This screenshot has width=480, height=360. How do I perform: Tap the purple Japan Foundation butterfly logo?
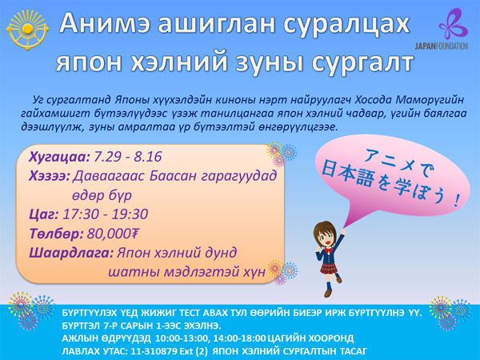point(454,24)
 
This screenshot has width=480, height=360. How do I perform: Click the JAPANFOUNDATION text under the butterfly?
point(442,46)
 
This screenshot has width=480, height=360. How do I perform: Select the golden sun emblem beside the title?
point(27,30)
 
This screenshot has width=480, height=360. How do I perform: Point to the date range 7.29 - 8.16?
point(127,157)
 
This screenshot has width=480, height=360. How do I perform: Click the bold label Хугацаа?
point(59,157)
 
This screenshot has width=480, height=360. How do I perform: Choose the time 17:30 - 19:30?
point(106,214)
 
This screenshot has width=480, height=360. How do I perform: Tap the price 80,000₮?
point(113,234)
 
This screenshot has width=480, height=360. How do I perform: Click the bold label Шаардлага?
point(71,253)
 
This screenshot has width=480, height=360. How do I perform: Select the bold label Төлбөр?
point(56,234)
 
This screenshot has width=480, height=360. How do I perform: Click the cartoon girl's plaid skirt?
point(329,267)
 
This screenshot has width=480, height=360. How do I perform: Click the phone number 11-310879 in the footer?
point(154,351)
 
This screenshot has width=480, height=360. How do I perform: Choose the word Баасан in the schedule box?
point(174,176)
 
